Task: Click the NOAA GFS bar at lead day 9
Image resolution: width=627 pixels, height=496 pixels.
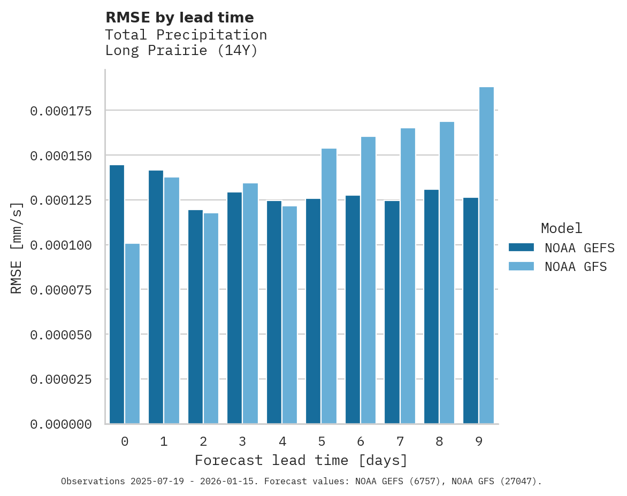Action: (486, 255)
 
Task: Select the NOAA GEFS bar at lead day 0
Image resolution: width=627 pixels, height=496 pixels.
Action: (117, 294)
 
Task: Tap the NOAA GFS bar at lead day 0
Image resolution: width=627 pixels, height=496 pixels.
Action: (132, 334)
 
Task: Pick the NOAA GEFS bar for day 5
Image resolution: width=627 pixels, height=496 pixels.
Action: (313, 311)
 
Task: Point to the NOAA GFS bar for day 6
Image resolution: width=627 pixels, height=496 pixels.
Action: (368, 280)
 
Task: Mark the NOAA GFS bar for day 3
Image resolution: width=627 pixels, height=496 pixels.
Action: (250, 303)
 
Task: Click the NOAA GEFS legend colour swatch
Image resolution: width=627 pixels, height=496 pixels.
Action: (521, 247)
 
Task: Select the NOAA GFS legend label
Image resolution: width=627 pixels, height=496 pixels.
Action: (576, 266)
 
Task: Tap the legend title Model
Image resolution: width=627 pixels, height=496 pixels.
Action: (561, 228)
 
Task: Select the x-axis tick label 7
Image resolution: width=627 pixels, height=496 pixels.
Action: (400, 441)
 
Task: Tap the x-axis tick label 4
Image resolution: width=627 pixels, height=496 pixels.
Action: (282, 441)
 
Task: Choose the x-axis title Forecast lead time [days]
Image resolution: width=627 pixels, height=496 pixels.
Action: (301, 460)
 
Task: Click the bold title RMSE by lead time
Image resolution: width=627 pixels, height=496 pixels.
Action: (179, 18)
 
